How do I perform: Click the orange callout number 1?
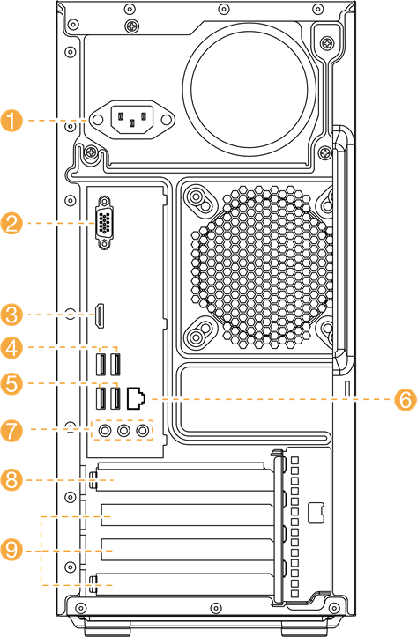coord(11,120)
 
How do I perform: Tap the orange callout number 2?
coord(11,223)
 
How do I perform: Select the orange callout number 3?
coord(11,315)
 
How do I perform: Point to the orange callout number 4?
coord(11,348)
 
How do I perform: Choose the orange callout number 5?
coord(11,383)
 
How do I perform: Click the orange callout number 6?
coord(406,399)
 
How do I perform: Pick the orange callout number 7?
coord(11,430)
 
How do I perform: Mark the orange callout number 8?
coord(11,480)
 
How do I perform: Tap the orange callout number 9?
coord(11,550)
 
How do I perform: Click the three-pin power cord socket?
coord(131,120)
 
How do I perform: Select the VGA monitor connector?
coord(104,223)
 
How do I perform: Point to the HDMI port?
coord(99,315)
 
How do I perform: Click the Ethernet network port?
coord(136,398)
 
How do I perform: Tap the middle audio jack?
coord(123,430)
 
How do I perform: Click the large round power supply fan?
coord(249,91)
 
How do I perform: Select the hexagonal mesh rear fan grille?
coord(261,267)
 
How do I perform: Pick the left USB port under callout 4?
coord(101,365)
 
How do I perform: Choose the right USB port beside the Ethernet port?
coord(115,398)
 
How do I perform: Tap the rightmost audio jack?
coord(142,430)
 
